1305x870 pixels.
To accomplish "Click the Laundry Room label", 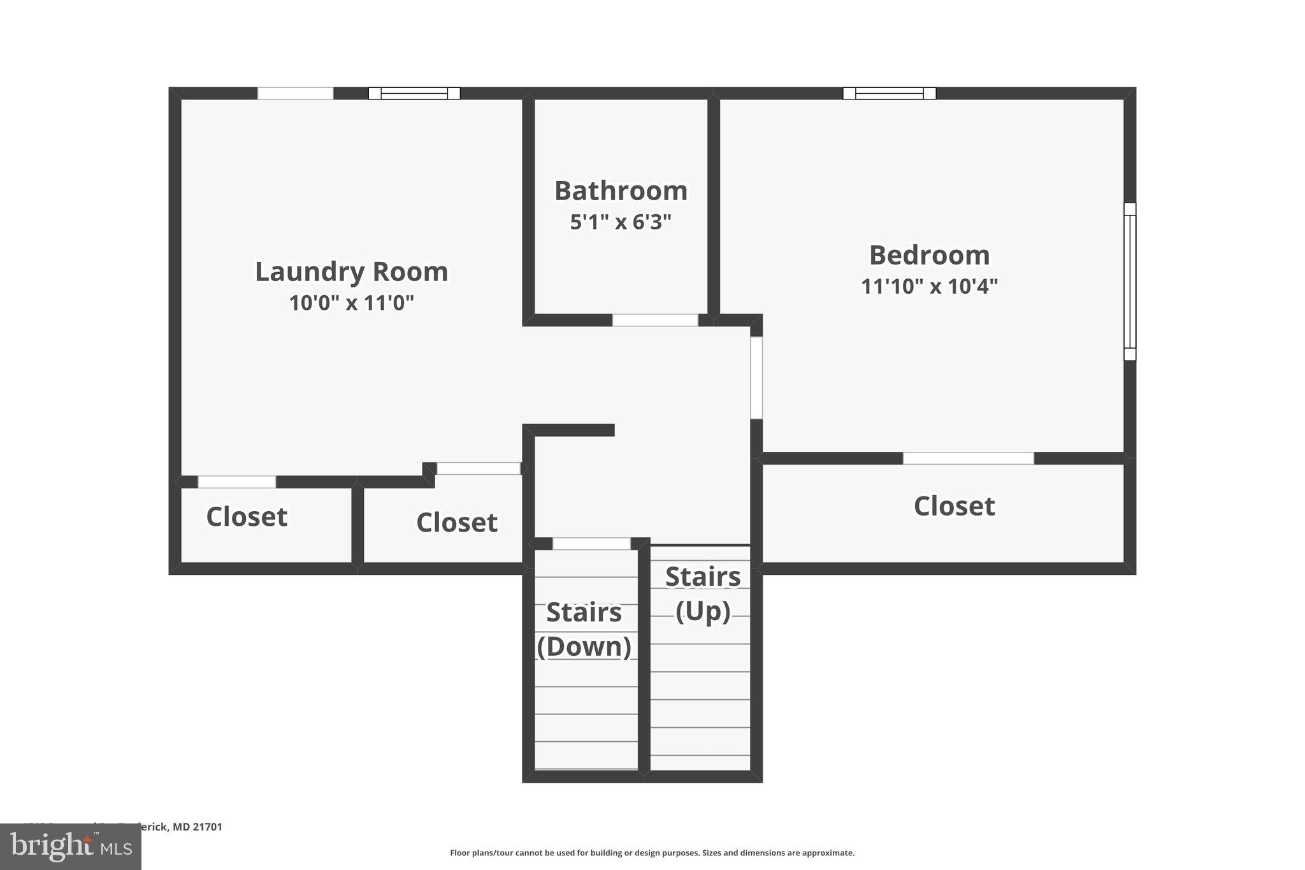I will point(351,272).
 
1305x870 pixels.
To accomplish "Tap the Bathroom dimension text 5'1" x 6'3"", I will point(621,222).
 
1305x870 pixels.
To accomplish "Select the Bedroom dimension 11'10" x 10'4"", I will point(929,286).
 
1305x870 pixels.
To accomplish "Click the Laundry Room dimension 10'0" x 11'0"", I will point(351,303).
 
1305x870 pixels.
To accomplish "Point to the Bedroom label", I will point(929,255).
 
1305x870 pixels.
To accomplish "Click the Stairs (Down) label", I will point(584,629).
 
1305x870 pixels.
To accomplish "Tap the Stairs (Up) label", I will point(702,594).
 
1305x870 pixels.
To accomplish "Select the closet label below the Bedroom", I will point(954,506).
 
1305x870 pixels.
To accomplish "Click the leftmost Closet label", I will point(247,516).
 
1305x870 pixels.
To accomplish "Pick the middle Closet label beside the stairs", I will point(456,523).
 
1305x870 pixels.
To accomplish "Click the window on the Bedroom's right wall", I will point(1129,281).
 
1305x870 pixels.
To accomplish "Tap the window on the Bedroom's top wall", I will point(889,94).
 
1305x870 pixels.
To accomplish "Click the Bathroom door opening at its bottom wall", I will point(655,320).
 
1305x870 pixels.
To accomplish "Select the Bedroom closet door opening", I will point(968,458).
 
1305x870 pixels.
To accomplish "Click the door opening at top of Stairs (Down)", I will point(591,544).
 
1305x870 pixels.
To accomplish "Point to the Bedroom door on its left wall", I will point(756,377).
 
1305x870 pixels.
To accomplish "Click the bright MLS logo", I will point(71,847).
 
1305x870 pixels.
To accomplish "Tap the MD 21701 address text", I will point(197,827).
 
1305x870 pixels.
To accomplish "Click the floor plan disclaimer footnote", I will point(652,853).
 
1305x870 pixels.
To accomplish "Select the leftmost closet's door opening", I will point(236,482).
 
